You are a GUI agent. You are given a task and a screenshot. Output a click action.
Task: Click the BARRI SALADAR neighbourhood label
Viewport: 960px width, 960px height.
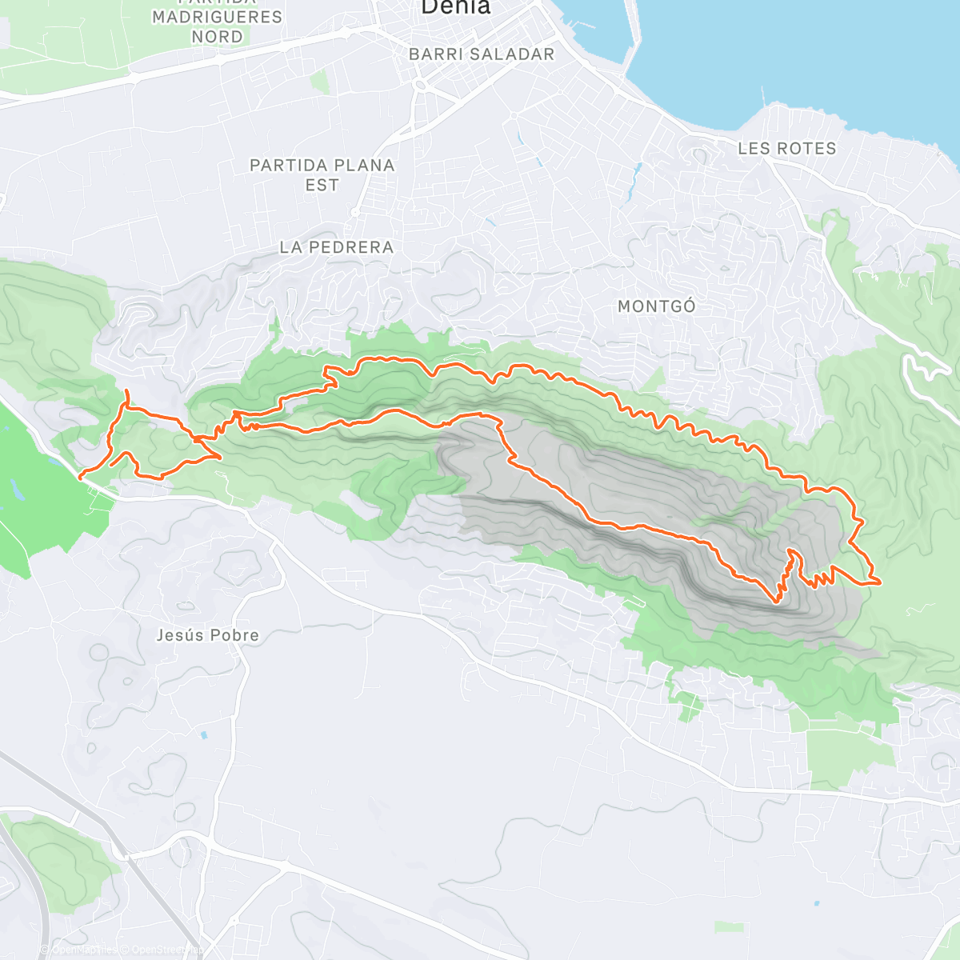pos(481,54)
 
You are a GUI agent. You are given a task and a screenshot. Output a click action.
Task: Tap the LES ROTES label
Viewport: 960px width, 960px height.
pos(786,149)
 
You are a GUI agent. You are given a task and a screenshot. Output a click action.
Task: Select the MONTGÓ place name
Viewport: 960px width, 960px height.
pos(656,306)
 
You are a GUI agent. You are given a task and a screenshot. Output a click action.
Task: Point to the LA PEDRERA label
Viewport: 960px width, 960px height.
pos(336,248)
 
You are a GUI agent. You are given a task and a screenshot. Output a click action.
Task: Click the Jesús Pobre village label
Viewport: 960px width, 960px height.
pos(207,635)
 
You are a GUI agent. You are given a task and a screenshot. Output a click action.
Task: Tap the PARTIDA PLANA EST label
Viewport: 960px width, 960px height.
pos(322,174)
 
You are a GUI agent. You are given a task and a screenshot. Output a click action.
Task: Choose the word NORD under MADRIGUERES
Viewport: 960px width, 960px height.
pos(217,37)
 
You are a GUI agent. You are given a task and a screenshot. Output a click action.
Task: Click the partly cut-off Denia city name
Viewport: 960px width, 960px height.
pos(454,8)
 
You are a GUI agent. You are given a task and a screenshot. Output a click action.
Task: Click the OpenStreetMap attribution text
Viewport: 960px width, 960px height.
pos(164,950)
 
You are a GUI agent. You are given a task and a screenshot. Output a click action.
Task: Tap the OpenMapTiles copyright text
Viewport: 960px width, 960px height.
pos(84,950)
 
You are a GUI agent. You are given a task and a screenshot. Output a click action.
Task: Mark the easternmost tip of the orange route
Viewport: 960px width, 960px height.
pos(880,582)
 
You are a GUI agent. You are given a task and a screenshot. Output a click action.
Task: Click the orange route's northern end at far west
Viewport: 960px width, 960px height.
pos(127,390)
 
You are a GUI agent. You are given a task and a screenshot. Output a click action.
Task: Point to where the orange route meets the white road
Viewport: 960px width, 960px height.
pos(80,478)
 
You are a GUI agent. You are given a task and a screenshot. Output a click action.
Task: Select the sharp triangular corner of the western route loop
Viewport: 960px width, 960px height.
pos(221,457)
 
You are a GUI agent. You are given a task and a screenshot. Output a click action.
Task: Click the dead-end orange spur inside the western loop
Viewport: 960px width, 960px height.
pos(112,465)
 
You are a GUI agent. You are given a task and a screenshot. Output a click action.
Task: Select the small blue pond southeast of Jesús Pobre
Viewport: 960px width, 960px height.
pos(205,734)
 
